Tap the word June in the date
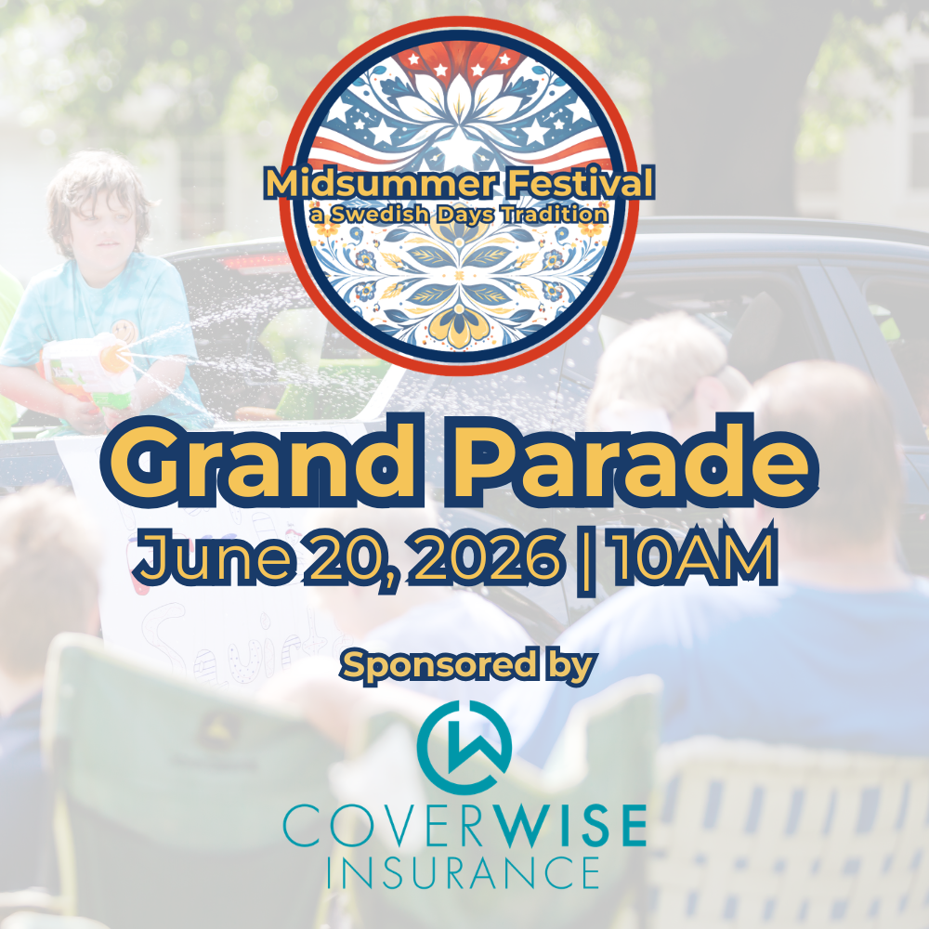click(x=195, y=557)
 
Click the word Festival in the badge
click(x=566, y=183)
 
